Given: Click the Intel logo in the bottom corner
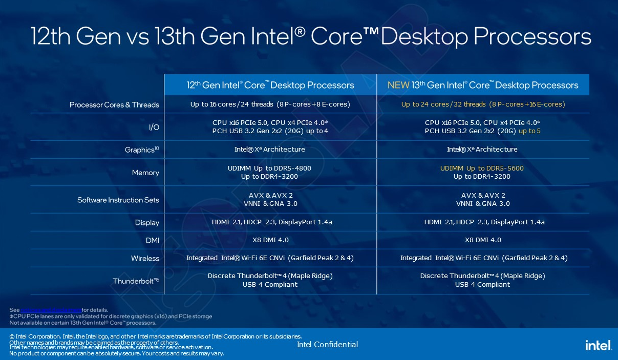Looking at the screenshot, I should tap(598, 345).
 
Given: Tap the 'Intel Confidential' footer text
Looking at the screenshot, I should tap(327, 344).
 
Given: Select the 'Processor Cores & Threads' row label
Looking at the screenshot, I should tap(114, 105).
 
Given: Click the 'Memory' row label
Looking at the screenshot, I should tap(145, 173).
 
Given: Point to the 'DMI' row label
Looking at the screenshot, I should tap(152, 240).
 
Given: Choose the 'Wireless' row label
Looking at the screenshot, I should tap(145, 258).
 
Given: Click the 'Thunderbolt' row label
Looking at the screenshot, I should tap(136, 281).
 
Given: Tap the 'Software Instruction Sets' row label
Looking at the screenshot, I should tap(118, 200).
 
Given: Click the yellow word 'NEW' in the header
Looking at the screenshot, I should tap(398, 85).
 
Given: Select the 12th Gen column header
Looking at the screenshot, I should tap(270, 85).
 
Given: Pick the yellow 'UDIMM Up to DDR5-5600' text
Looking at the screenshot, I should tap(482, 168).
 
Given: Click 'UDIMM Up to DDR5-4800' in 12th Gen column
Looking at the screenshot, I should tap(269, 168).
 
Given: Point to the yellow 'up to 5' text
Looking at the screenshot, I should tap(529, 131).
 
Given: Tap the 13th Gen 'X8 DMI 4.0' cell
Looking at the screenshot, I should tap(483, 240).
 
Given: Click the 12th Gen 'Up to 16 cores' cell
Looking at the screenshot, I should tap(270, 104).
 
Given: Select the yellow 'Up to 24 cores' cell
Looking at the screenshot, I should tap(483, 104).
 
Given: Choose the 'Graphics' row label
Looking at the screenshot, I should tap(142, 150).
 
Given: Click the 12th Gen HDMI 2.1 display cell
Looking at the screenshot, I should tap(270, 222).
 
